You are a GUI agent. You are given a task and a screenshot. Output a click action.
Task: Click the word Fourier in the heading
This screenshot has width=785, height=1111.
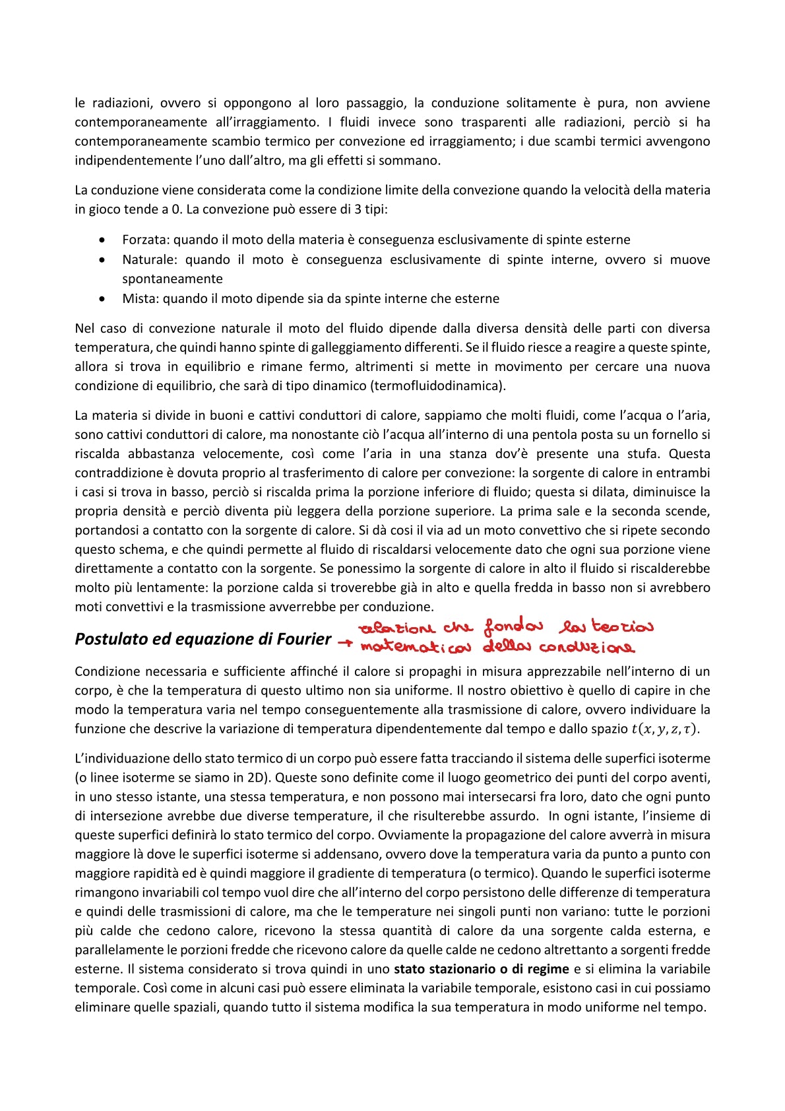coord(304,639)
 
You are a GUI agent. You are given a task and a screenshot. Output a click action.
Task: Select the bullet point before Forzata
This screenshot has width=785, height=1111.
coord(102,240)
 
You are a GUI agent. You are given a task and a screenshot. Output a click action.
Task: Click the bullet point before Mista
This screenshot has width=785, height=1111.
coord(102,298)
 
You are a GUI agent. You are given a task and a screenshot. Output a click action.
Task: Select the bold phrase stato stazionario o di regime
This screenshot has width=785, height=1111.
coord(481,969)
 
